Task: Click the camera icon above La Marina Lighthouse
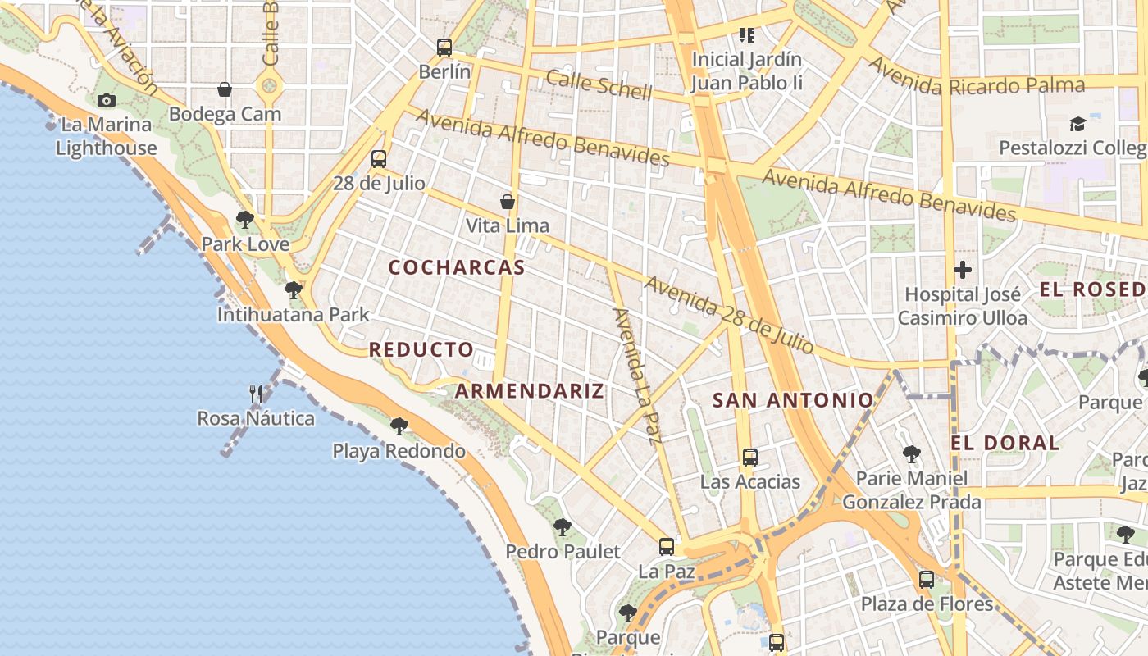tap(106, 101)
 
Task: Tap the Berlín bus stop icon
tap(444, 48)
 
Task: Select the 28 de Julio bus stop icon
tap(378, 159)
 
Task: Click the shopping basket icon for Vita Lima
tap(508, 202)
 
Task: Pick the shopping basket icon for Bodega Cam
tap(225, 89)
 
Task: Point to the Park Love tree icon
tap(244, 220)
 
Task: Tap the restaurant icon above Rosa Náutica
tap(256, 394)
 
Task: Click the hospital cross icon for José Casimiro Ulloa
tap(963, 269)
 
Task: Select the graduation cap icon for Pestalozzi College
tap(1077, 124)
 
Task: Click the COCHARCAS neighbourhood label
tap(457, 267)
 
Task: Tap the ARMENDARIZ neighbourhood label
tap(530, 391)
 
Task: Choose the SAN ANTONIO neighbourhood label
tap(793, 400)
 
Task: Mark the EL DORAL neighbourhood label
tap(1005, 443)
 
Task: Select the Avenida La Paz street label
tap(637, 376)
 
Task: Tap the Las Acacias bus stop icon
tap(749, 458)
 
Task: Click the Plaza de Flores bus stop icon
tap(927, 580)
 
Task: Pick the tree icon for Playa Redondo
tap(399, 426)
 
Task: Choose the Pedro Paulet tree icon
tap(562, 527)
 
